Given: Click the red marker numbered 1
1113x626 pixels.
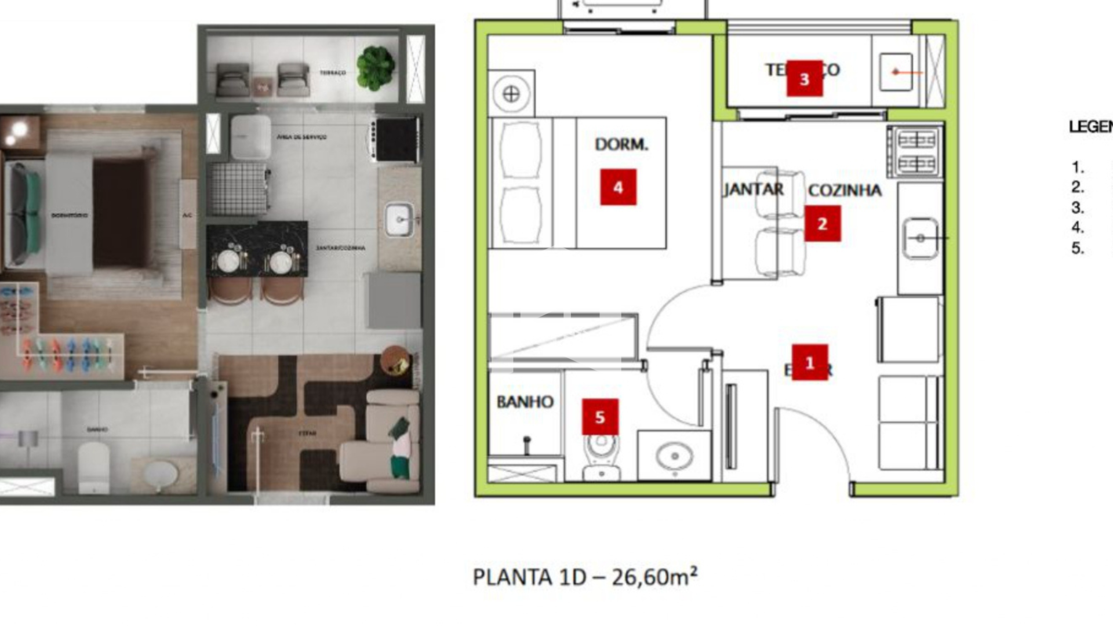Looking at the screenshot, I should click(x=810, y=363).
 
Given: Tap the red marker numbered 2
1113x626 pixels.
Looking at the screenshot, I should click(x=822, y=224).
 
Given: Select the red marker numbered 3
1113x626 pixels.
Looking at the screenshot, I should click(x=804, y=79).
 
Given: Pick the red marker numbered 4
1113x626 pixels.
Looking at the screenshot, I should click(x=618, y=187).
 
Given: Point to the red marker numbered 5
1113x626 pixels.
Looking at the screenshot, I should click(x=600, y=417).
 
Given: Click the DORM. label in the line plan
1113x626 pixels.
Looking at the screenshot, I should click(x=621, y=144).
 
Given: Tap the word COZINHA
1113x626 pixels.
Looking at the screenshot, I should click(x=845, y=191).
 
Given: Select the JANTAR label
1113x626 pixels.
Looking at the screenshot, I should click(x=753, y=190).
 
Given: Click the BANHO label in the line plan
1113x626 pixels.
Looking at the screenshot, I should click(x=525, y=402).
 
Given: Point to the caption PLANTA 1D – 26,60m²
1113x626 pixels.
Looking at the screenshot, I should click(x=585, y=577).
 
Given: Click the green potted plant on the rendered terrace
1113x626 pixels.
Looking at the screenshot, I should click(x=376, y=68).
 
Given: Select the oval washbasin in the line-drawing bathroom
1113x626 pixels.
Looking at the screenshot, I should click(x=674, y=456).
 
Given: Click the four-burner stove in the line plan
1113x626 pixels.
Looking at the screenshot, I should click(x=916, y=152).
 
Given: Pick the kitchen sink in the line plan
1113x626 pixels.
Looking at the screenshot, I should click(x=920, y=238).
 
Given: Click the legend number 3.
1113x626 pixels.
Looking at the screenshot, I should click(x=1077, y=208).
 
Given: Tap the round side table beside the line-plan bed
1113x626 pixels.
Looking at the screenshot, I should click(x=511, y=94).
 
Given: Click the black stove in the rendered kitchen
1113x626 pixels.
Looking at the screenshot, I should click(x=396, y=140).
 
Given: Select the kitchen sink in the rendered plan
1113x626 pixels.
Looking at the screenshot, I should click(x=399, y=219).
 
